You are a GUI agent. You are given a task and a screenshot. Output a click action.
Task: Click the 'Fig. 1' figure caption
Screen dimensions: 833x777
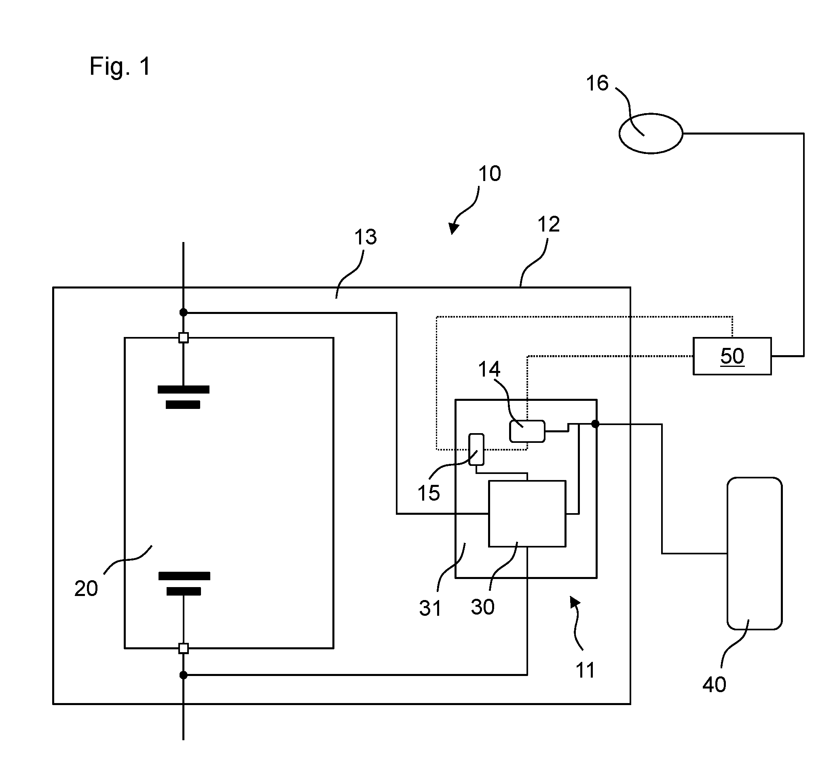pyautogui.click(x=120, y=67)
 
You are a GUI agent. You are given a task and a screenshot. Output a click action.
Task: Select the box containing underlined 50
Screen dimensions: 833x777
pyautogui.click(x=732, y=356)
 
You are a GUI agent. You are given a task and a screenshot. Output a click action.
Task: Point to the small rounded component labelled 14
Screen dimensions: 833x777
pyautogui.click(x=527, y=431)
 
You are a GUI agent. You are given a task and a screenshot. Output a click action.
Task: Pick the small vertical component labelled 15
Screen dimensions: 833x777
pyautogui.click(x=476, y=450)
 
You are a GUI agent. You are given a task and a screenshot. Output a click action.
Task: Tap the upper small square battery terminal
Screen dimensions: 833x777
pyautogui.click(x=184, y=337)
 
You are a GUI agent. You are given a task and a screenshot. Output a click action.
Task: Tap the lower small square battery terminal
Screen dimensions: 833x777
pyautogui.click(x=184, y=649)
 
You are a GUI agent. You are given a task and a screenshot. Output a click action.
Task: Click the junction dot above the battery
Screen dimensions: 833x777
pyautogui.click(x=183, y=312)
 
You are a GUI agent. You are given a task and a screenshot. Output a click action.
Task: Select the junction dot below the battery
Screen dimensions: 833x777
pyautogui.click(x=183, y=675)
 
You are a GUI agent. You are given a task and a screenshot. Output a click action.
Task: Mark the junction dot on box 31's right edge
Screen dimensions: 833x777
pyautogui.click(x=595, y=424)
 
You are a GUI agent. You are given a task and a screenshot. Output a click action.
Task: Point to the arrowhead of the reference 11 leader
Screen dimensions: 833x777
pyautogui.click(x=575, y=602)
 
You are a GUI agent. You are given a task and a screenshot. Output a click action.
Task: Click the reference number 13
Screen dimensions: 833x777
pyautogui.click(x=366, y=237)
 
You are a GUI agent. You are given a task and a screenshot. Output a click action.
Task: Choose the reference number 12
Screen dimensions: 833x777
pyautogui.click(x=548, y=224)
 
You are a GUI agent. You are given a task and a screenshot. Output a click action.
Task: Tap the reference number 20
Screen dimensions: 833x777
pyautogui.click(x=86, y=589)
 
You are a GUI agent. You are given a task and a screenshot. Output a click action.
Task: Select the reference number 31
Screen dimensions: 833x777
pyautogui.click(x=430, y=608)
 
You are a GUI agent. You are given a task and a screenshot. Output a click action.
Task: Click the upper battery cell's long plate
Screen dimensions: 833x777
pyautogui.click(x=184, y=390)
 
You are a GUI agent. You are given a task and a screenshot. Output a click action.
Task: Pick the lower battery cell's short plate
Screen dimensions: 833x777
pyautogui.click(x=184, y=591)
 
